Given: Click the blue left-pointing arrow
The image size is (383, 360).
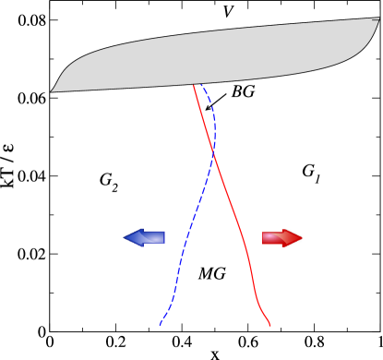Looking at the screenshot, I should click(144, 237).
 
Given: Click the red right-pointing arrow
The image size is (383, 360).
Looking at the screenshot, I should click(282, 238).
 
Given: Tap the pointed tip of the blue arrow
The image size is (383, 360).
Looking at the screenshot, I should click(125, 237).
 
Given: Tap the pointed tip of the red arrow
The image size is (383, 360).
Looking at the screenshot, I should click(301, 238).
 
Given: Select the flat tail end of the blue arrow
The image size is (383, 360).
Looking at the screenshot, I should click(163, 237).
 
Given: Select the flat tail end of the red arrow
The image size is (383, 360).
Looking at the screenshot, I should click(264, 238).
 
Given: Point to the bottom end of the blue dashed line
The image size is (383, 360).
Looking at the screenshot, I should click(160, 325).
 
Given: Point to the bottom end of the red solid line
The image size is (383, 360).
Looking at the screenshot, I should click(269, 325).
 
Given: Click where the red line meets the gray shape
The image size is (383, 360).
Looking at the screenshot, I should click(194, 85).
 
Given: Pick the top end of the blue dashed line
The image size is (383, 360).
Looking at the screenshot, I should click(202, 85).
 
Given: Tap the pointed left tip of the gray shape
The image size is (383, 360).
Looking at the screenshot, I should click(52, 91).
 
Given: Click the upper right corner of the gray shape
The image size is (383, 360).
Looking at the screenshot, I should click(378, 18).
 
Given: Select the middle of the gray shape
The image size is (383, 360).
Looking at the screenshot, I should click(217, 55).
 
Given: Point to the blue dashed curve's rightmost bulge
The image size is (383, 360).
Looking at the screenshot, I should click(215, 125).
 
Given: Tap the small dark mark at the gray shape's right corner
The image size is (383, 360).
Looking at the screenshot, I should click(375, 20).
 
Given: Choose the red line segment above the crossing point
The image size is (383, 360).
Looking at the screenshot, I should click(204, 120).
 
